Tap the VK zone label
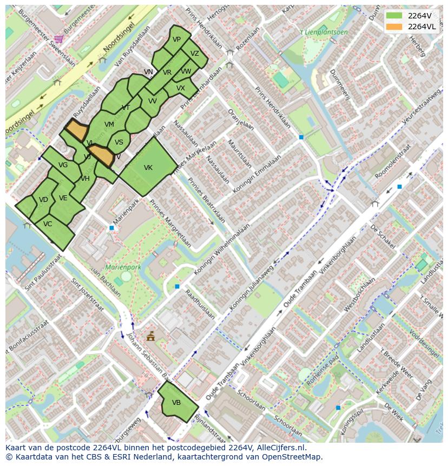pos(148,168)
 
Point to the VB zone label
pos(176,403)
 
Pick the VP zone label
pos(177,40)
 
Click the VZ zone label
pos(195,54)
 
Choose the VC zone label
pos(48,224)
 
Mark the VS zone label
pos(119,142)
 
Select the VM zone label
pos(109,124)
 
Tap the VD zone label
pos(44,200)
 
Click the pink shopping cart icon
pos(58,38)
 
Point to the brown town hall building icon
pos(150,336)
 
